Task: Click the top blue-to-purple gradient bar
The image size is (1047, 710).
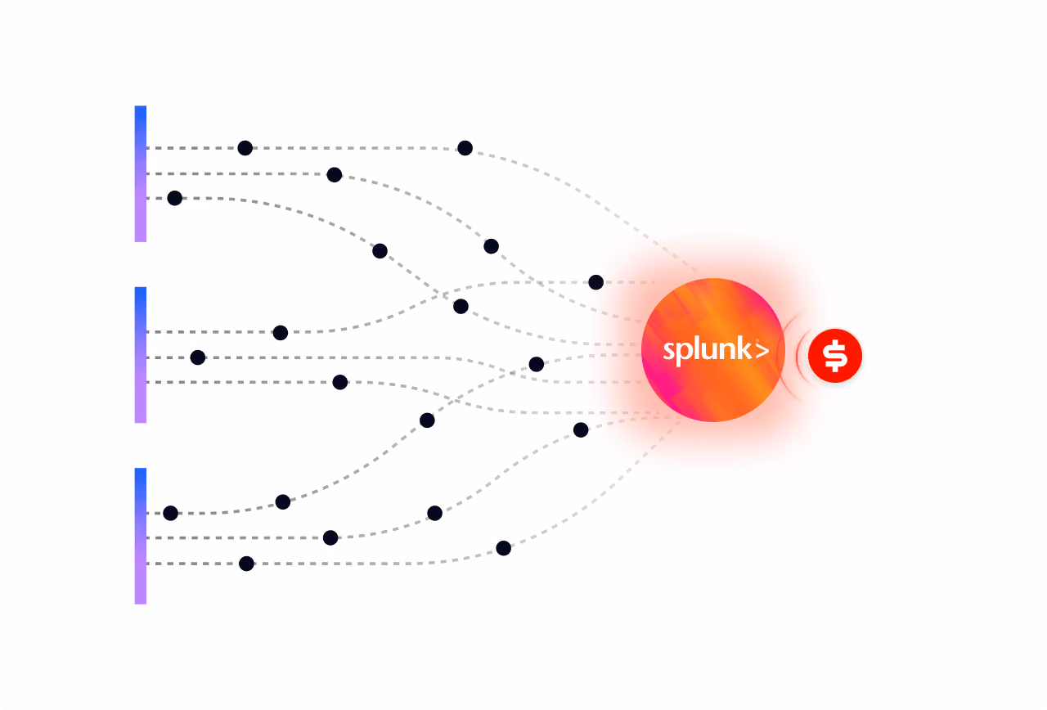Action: click(140, 174)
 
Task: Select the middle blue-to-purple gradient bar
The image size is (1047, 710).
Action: click(140, 355)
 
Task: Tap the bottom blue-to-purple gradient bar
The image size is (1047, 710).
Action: click(140, 536)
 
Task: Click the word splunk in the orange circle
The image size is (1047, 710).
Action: click(707, 351)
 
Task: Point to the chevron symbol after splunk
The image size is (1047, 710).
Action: click(762, 350)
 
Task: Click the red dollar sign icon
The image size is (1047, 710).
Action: click(835, 356)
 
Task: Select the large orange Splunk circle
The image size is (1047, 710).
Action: click(712, 350)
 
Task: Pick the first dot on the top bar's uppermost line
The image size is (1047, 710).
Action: click(245, 148)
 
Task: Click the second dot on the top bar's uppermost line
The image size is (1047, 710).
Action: click(465, 148)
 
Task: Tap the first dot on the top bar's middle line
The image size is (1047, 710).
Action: click(335, 175)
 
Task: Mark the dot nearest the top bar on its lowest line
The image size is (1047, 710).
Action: click(174, 198)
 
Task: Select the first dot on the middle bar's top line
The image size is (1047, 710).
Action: click(280, 333)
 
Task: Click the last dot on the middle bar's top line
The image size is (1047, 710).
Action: click(595, 282)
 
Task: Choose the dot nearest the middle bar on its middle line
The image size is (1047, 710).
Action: click(198, 357)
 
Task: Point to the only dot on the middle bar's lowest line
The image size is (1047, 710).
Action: click(339, 382)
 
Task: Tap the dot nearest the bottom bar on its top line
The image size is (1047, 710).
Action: click(171, 513)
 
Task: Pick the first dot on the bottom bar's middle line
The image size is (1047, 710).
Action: click(330, 537)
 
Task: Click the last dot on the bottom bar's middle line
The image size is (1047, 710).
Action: click(581, 429)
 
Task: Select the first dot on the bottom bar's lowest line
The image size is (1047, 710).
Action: click(246, 564)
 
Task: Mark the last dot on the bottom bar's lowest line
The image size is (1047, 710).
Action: click(503, 548)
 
